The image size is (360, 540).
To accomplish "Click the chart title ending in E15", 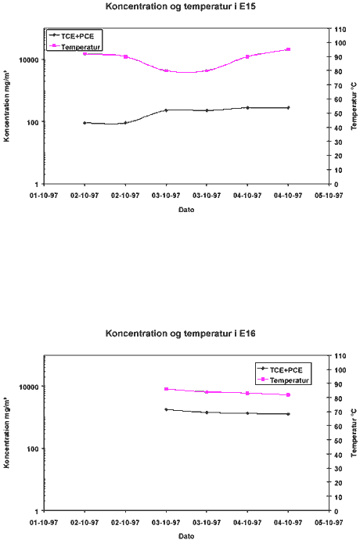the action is coord(181,6).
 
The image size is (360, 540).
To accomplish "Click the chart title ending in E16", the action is coord(181,333).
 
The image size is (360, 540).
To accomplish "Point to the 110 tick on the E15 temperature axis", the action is coord(338,29).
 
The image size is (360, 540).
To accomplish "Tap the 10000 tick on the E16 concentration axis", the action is coord(30,387).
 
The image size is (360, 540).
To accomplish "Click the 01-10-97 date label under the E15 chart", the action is coord(44,196).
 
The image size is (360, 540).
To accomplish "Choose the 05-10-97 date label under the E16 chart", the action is coord(329,523).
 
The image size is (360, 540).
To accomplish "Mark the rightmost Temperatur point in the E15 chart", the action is coord(288,49).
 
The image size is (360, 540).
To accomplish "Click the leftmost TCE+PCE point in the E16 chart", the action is coord(166,409).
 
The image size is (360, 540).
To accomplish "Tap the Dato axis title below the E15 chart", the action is coord(186,210).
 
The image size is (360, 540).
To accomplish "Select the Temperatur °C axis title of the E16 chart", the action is coord(354,434).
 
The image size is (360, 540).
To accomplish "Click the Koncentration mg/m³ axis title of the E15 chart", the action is coord(6,106).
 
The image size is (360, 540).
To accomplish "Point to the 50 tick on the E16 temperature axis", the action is coord(337,441).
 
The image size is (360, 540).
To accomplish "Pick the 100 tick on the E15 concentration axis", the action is coord(32,122).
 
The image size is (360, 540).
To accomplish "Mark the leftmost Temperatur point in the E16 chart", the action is coord(166,389).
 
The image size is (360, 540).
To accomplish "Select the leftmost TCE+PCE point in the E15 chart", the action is coord(85,123).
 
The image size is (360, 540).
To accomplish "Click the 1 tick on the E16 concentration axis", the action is coord(38,511).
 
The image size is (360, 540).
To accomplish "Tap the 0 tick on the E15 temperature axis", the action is coord(336,184).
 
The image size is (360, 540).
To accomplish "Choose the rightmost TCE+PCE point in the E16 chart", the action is coord(288,414).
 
